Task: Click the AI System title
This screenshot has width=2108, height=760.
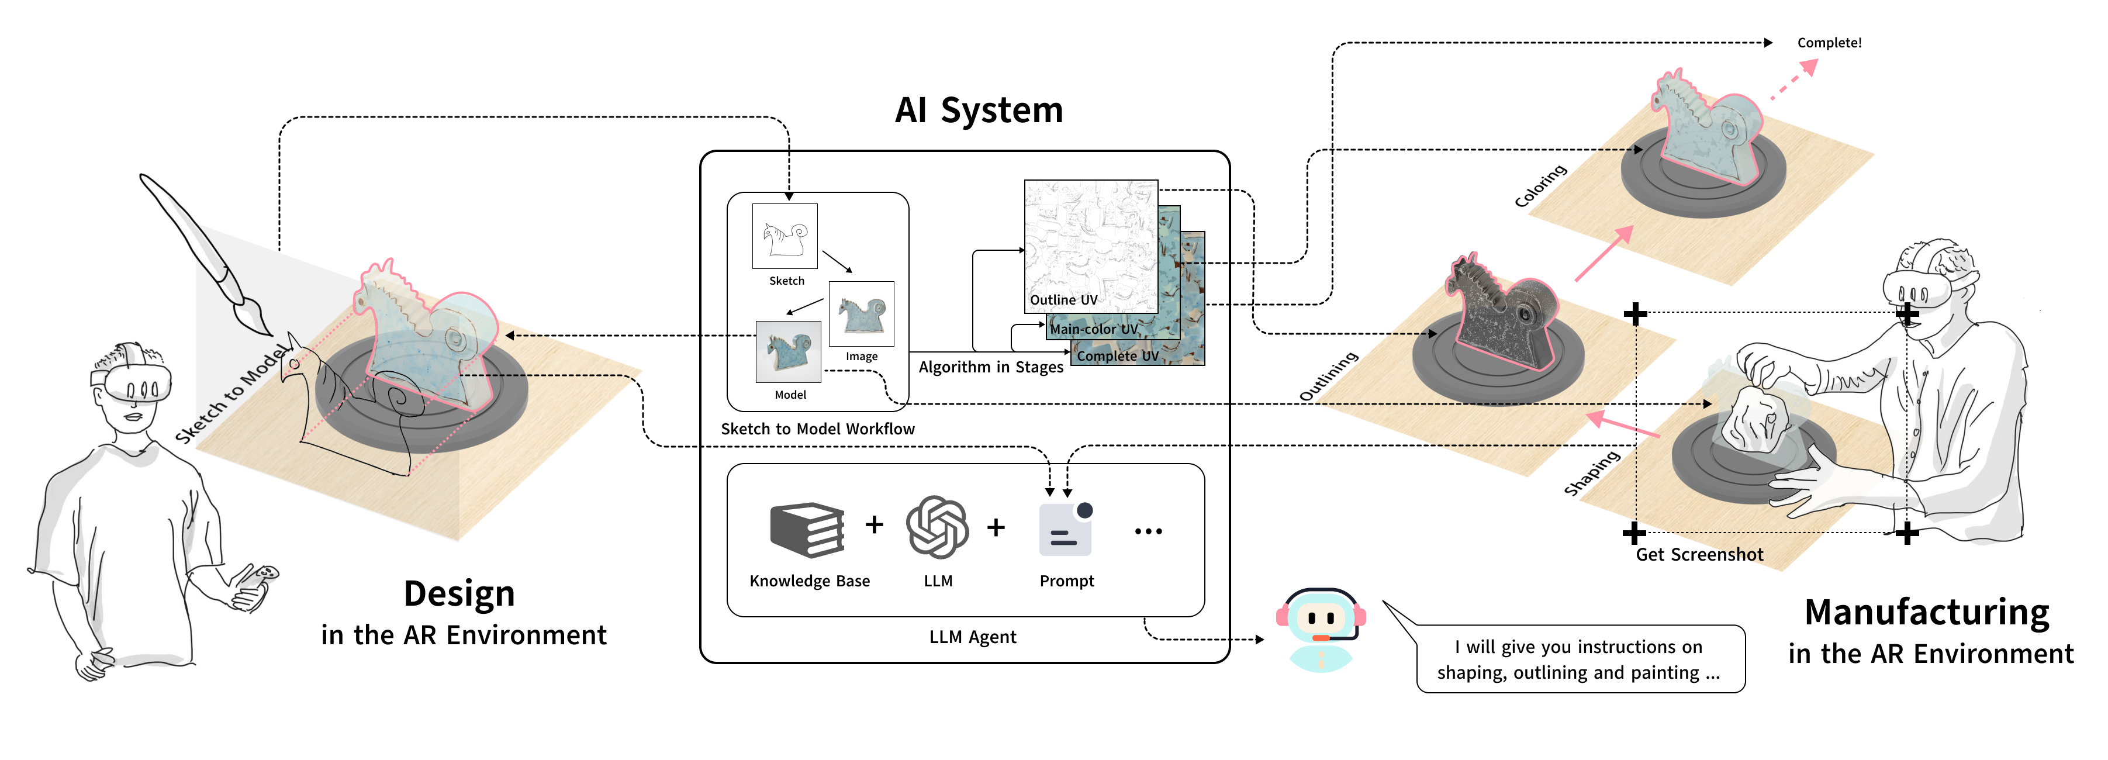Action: pos(978,110)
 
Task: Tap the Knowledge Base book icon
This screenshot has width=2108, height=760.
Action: pos(807,530)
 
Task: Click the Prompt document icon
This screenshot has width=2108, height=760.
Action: pos(1065,530)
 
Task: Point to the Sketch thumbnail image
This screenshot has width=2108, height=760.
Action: pos(785,236)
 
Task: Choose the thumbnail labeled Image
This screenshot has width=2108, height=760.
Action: pos(861,314)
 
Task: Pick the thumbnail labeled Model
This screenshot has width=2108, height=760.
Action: pos(787,352)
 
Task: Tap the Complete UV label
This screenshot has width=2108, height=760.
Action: pos(1117,356)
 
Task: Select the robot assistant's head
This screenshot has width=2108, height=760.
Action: pos(1320,618)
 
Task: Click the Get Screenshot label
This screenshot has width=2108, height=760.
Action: pos(1699,555)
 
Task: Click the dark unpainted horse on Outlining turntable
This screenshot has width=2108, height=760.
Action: pos(1502,315)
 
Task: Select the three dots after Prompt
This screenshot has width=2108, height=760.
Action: pos(1148,531)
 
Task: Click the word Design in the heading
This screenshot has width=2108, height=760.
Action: pos(459,594)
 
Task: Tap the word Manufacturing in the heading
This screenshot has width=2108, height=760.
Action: pos(1926,613)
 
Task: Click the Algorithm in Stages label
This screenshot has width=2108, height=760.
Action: pos(990,367)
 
